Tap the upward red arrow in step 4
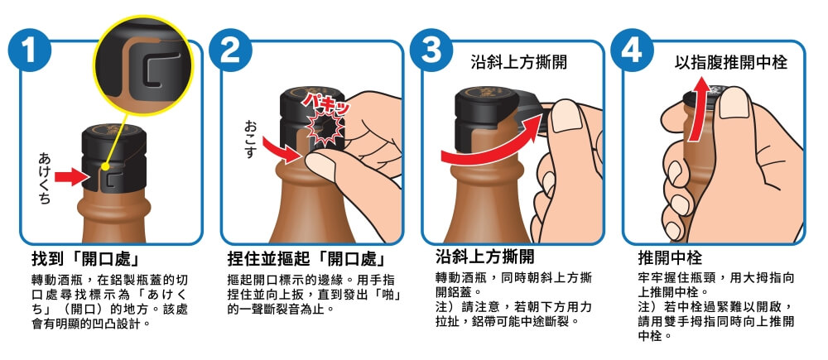click(697, 110)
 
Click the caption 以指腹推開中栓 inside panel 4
click(731, 63)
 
